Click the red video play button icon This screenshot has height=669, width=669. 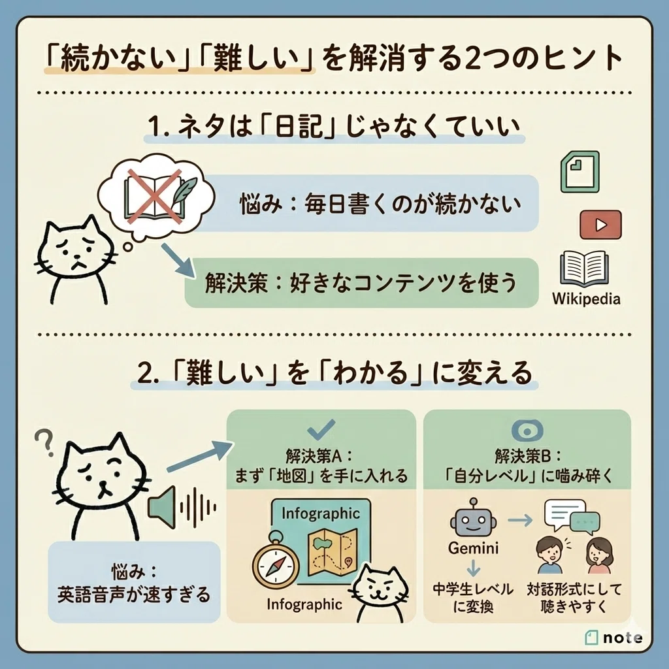point(601,225)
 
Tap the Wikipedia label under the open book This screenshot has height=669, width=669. point(586,299)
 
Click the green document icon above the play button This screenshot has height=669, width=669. point(580,172)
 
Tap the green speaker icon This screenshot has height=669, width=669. point(162,507)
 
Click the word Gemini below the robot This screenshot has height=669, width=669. point(473,548)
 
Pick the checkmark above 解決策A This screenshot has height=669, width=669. point(321,429)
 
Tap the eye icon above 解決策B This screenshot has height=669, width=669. point(527,431)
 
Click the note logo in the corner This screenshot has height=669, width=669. point(613,638)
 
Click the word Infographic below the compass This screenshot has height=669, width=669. point(304,604)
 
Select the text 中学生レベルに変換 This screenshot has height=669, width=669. point(473,598)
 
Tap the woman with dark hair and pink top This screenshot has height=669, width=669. point(599,555)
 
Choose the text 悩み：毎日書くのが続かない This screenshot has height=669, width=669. point(381,204)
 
